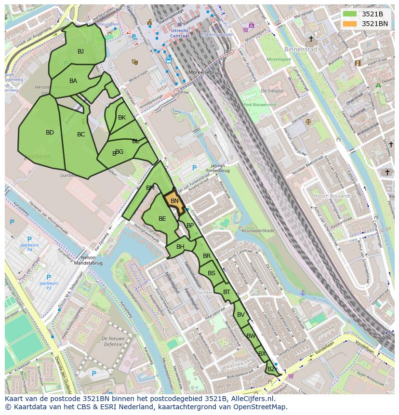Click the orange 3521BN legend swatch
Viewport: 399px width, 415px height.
pyautogui.click(x=350, y=24)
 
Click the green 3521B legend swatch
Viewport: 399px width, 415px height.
pyautogui.click(x=350, y=14)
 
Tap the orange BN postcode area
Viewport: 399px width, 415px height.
pyautogui.click(x=174, y=201)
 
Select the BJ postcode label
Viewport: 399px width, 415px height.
pyautogui.click(x=80, y=52)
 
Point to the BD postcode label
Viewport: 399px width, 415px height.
pyautogui.click(x=50, y=133)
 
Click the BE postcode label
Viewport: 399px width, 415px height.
pyautogui.click(x=162, y=219)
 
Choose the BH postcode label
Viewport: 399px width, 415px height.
pyautogui.click(x=180, y=247)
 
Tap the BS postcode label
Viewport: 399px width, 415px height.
pyautogui.click(x=212, y=273)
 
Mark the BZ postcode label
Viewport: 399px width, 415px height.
pyautogui.click(x=271, y=369)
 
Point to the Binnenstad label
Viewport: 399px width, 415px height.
pyautogui.click(x=301, y=49)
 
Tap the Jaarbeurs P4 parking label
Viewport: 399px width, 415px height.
pyautogui.click(x=29, y=247)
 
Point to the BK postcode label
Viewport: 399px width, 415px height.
pyautogui.click(x=122, y=118)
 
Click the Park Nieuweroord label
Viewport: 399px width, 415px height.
pyautogui.click(x=259, y=105)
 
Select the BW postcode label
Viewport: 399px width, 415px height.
pyautogui.click(x=251, y=336)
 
